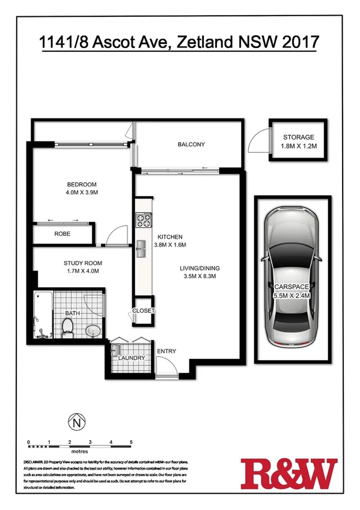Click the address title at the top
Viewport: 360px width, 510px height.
point(178,43)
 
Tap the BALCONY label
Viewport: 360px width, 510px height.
point(191,144)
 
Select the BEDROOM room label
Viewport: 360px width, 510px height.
point(81,185)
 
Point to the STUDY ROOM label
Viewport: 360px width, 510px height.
point(82,263)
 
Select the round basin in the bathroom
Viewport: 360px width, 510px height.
point(93,331)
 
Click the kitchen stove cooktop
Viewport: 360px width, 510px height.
point(143,221)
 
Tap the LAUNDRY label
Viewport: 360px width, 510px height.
point(132,358)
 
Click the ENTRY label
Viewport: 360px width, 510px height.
point(166,351)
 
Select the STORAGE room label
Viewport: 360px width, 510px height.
point(298,137)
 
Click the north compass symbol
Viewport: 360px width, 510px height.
point(76,422)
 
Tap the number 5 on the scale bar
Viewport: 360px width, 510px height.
point(131,442)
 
